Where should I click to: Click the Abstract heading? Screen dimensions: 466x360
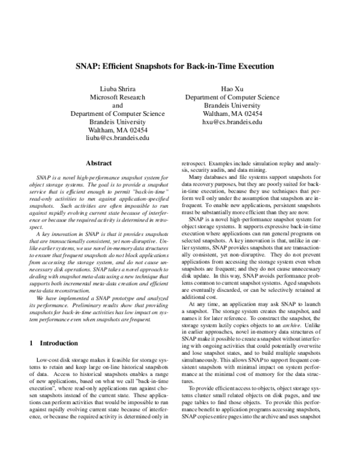[x=100, y=163]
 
